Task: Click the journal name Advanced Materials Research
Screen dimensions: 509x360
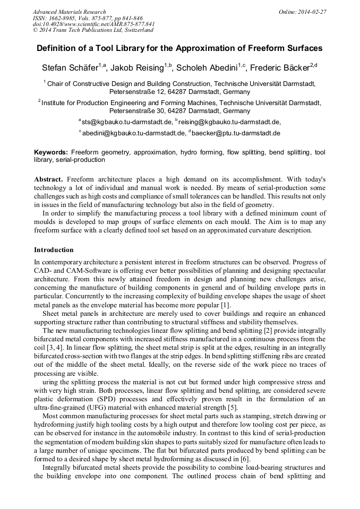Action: tap(69, 12)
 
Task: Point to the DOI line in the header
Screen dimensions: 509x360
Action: tap(93, 24)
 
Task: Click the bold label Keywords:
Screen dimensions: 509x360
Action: tap(51, 152)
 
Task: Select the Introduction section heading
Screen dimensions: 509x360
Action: tap(54, 249)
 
